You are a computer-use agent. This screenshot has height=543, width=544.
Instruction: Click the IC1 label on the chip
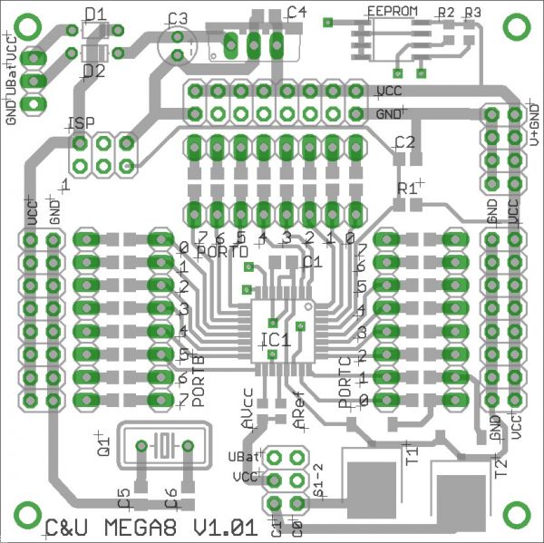click(x=275, y=340)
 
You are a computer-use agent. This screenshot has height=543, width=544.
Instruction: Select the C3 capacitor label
click(x=177, y=18)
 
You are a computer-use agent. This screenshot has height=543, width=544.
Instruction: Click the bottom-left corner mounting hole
click(x=26, y=515)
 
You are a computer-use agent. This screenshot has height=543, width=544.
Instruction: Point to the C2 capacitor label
click(x=404, y=142)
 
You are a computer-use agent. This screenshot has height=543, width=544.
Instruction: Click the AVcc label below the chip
click(x=248, y=408)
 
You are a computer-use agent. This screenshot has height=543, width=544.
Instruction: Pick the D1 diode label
click(x=94, y=13)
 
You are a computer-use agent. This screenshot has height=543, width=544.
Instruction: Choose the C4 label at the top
click(x=296, y=12)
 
